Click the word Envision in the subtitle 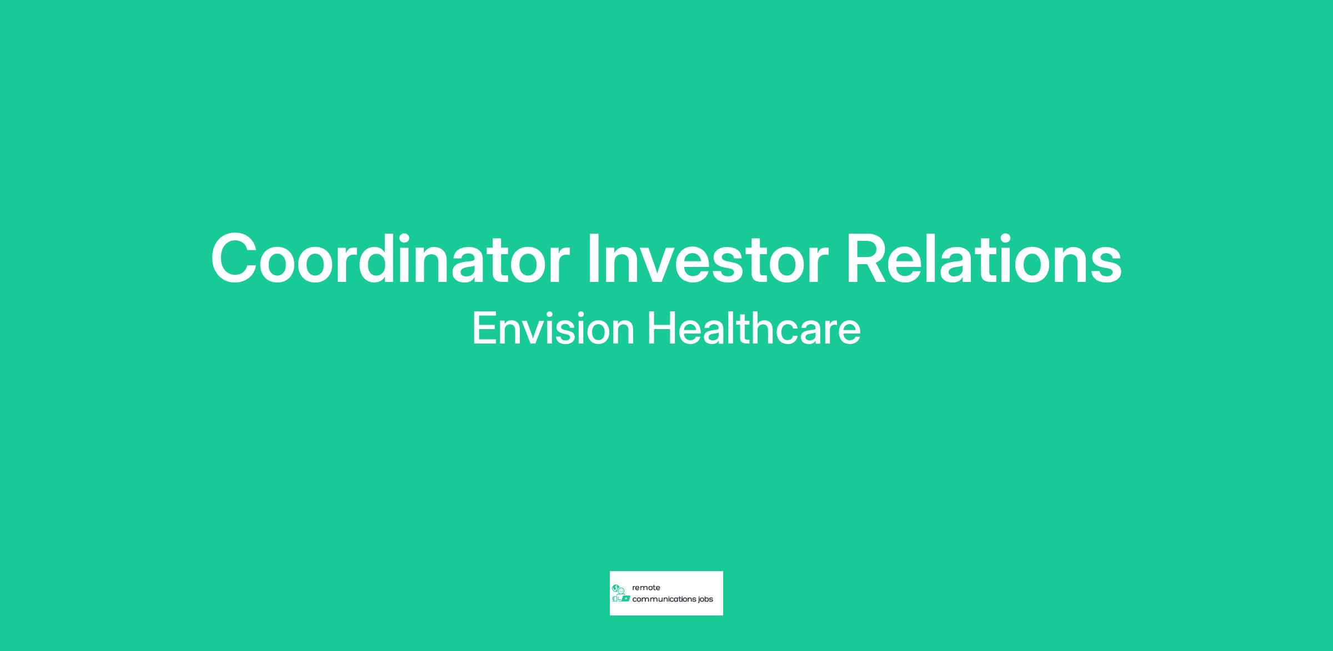click(x=553, y=328)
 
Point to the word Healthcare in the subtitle click(x=754, y=328)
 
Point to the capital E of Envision click(x=485, y=328)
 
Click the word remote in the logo click(x=646, y=588)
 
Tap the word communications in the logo click(x=664, y=599)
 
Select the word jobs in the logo click(x=706, y=600)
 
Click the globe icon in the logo click(x=615, y=588)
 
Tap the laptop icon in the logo click(x=626, y=598)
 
